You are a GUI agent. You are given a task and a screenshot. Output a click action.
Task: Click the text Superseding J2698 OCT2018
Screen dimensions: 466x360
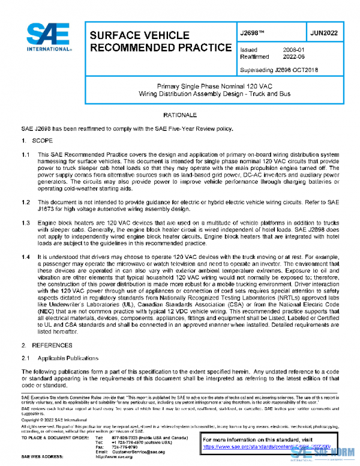[x=278, y=70]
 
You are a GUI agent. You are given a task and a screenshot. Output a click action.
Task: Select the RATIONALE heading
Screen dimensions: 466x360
[x=179, y=114]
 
